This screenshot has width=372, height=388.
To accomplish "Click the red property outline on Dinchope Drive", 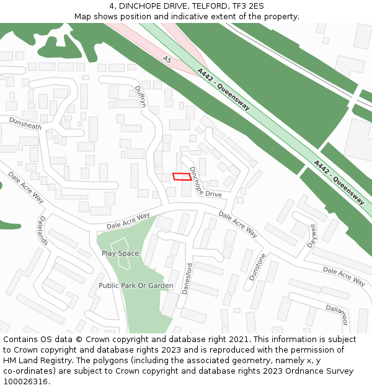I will (182, 176).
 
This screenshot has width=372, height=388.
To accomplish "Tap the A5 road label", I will (167, 60).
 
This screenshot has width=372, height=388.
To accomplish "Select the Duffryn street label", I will (140, 96).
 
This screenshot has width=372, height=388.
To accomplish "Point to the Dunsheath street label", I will (25, 126).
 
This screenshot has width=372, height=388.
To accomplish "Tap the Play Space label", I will (120, 253).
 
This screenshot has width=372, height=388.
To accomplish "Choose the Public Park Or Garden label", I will (136, 286).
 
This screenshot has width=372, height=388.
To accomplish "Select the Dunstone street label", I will (257, 267).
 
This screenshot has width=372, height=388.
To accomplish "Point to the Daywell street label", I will (312, 235).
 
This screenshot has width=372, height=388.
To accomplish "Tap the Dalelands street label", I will (43, 230).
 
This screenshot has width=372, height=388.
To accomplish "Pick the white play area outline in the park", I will (122, 253).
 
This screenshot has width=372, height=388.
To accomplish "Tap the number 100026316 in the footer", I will (25, 382).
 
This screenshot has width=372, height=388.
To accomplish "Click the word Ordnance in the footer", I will (296, 371).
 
